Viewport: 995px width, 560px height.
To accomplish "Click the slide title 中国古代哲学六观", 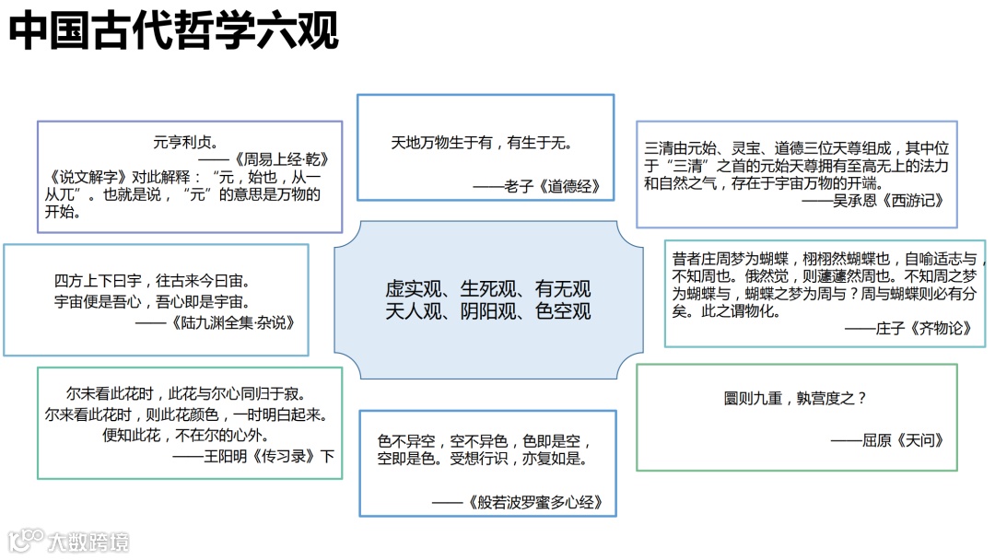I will point(174,29).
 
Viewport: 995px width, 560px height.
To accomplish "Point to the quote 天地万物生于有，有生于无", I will point(482,143).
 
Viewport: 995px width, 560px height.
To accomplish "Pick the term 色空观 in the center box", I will point(563,311).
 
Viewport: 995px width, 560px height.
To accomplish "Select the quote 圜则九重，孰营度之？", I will point(796,399).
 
